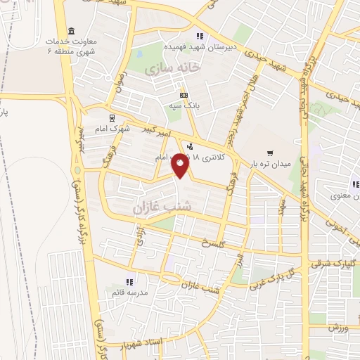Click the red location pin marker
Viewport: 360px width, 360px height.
point(181,165)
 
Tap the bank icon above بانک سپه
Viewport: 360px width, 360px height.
point(184,95)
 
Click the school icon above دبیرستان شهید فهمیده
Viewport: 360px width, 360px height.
point(200,36)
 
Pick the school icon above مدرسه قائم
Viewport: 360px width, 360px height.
point(129,281)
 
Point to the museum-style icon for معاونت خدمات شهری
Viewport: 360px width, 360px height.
point(71,31)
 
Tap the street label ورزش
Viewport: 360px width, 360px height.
point(339,329)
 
